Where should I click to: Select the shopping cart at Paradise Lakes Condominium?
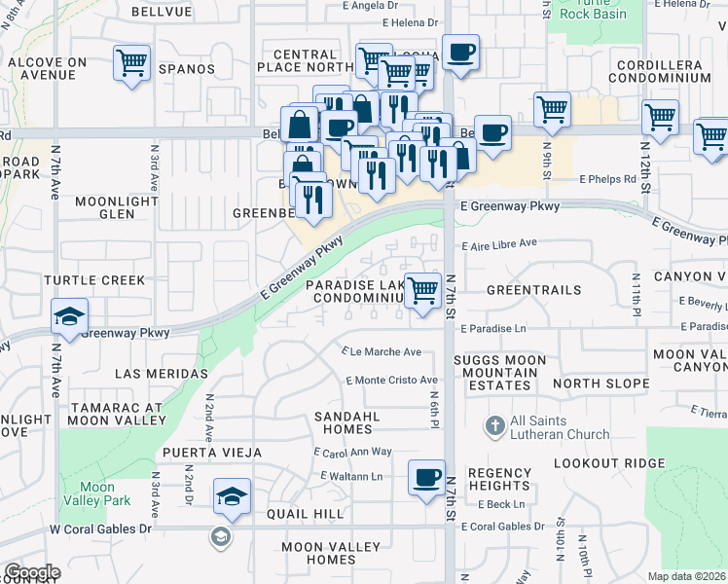click(x=422, y=290)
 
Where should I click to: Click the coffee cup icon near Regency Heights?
click(x=425, y=477)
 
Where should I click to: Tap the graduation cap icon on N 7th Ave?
click(x=70, y=316)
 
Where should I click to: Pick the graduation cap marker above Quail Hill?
click(x=232, y=496)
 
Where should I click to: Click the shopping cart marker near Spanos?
click(x=131, y=63)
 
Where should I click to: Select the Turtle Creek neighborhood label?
click(x=94, y=280)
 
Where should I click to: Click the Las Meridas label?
click(x=162, y=374)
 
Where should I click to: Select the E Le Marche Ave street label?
click(x=382, y=352)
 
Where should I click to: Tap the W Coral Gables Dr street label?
click(x=101, y=529)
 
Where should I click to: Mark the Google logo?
click(x=32, y=572)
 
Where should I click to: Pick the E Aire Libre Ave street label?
click(x=499, y=243)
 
